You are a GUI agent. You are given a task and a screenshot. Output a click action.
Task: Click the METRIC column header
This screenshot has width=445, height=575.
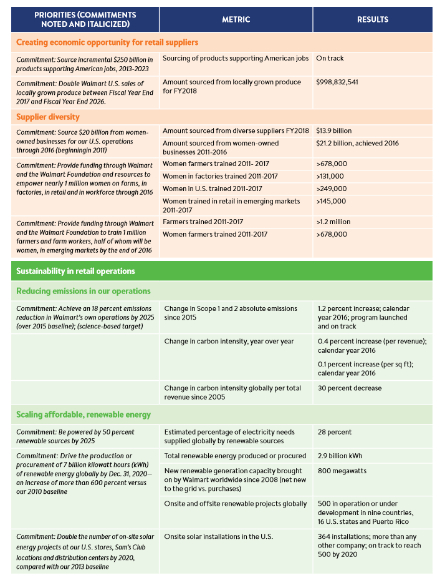pos(236,19)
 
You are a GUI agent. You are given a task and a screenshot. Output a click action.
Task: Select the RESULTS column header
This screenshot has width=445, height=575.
pos(372,19)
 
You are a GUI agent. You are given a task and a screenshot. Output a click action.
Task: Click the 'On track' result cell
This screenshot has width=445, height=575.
pos(330,58)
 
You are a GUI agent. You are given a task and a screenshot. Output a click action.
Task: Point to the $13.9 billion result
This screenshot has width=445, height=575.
pos(333,130)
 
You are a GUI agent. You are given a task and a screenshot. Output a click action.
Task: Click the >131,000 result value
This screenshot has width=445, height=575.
pos(332,177)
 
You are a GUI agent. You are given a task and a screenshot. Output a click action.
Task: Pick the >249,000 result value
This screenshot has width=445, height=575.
pos(332,189)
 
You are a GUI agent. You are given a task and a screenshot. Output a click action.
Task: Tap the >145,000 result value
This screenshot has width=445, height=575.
pos(332,201)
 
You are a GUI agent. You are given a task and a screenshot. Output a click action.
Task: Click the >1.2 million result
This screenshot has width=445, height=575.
pos(335,222)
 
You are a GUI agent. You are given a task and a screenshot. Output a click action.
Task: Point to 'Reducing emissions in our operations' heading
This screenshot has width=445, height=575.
pos(83,291)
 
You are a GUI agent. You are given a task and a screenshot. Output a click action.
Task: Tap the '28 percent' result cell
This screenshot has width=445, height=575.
pos(335,432)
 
